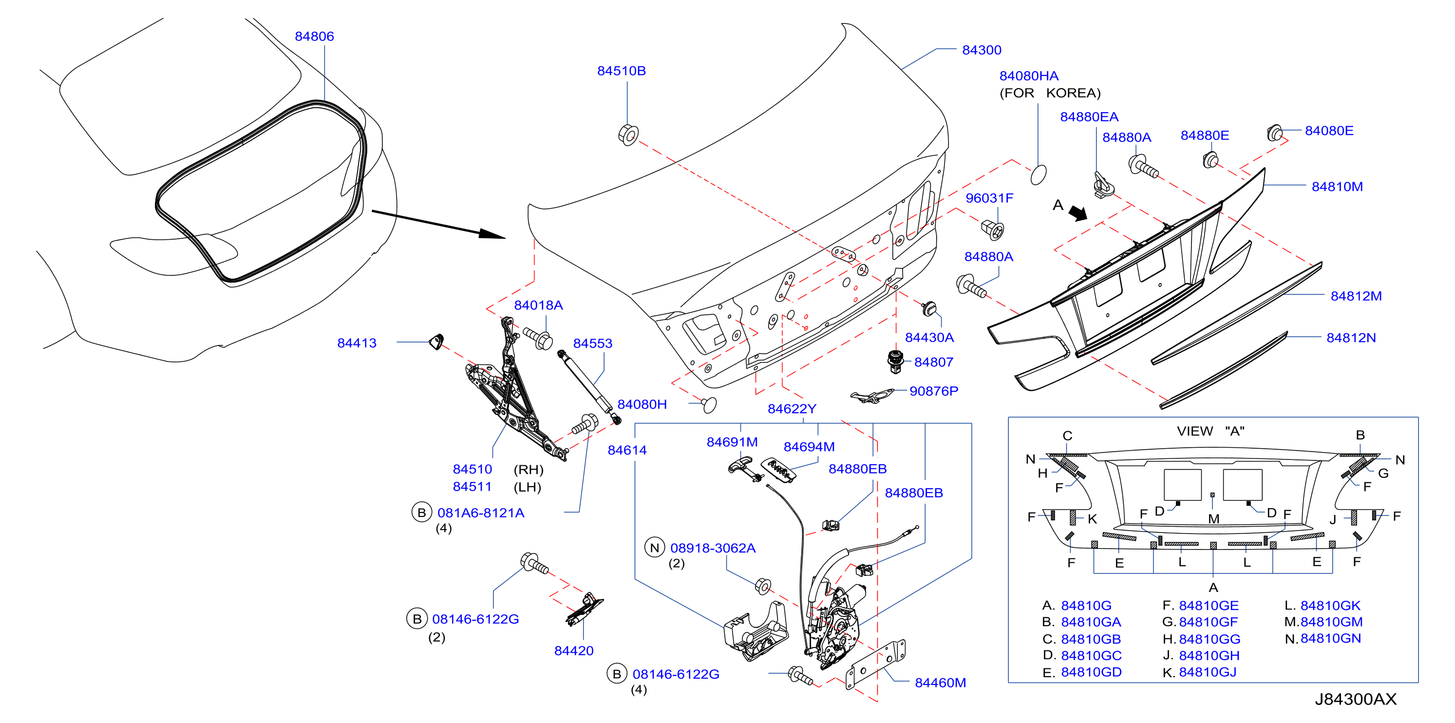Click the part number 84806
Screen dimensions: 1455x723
[x=314, y=36]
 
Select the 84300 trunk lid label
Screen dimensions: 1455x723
[x=982, y=50]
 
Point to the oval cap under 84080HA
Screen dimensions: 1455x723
[x=1038, y=174]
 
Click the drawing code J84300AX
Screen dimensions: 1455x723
[x=1356, y=699]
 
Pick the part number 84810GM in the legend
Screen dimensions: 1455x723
[x=1331, y=622]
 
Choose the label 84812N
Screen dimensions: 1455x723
[x=1351, y=338]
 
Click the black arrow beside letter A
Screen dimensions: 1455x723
[x=1077, y=212]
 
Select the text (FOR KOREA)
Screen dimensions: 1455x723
[x=1050, y=93]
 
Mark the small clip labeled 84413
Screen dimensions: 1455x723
[x=436, y=342]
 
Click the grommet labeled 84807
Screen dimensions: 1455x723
[x=895, y=362]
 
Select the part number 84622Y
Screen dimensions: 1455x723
[x=792, y=408]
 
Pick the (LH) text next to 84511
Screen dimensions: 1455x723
[x=528, y=487]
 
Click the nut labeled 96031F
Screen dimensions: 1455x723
[x=993, y=229]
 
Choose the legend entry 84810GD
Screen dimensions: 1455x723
[x=1091, y=672]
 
